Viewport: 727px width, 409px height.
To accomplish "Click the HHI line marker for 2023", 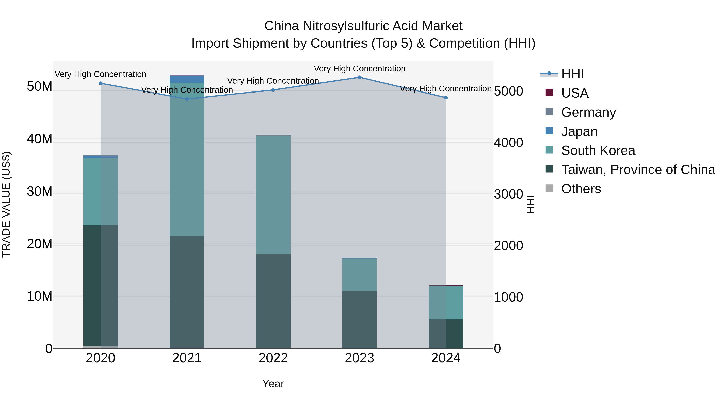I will [x=359, y=77].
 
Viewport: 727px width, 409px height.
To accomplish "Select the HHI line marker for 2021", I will [x=187, y=99].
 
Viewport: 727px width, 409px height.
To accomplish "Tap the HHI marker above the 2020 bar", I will [x=101, y=83].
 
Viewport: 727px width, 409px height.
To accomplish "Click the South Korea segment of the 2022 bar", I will [x=273, y=195].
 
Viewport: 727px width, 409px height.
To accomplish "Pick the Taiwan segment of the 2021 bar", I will [x=187, y=292].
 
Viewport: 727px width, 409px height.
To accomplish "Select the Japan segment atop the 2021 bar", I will [x=187, y=79].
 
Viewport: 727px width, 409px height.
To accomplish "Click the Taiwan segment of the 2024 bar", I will [x=446, y=334].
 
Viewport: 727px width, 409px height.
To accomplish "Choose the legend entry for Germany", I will [x=588, y=112].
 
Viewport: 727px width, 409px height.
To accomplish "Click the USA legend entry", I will [x=575, y=93].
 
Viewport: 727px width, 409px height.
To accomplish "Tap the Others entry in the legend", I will [x=581, y=189].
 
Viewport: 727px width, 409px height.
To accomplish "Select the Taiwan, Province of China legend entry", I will [x=638, y=170].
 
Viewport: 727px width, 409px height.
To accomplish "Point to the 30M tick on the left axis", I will [x=40, y=191].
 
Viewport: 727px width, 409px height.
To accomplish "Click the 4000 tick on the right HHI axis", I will [x=508, y=143].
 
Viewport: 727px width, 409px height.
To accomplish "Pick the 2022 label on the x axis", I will [x=273, y=358].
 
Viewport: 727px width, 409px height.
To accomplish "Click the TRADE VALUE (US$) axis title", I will [x=6, y=204].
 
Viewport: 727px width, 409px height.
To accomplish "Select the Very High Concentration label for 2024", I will [x=446, y=89].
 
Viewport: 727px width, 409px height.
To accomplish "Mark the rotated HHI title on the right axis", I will [x=531, y=204].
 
